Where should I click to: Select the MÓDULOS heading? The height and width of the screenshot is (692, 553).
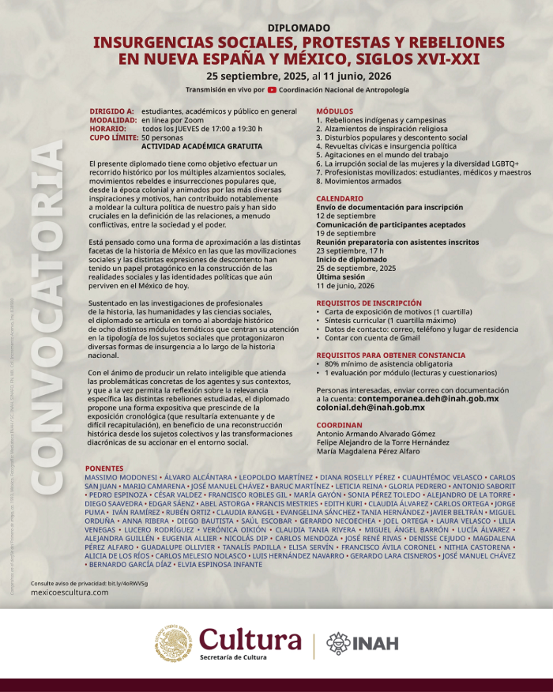pyautogui.click(x=335, y=111)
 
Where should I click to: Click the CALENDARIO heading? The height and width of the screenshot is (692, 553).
pyautogui.click(x=340, y=198)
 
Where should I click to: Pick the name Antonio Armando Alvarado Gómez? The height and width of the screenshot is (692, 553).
pyautogui.click(x=375, y=434)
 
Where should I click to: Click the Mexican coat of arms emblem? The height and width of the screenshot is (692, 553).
pyautogui.click(x=173, y=644)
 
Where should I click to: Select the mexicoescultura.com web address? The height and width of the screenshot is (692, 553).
pyautogui.click(x=70, y=592)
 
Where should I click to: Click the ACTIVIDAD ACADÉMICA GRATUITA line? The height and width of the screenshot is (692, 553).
pyautogui.click(x=202, y=146)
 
